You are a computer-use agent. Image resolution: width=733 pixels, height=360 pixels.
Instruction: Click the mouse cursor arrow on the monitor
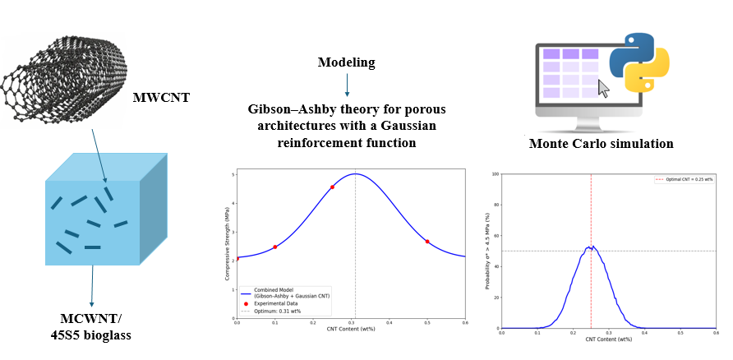coord(604,88)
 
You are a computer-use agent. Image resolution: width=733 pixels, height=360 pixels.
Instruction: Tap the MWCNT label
coord(161,99)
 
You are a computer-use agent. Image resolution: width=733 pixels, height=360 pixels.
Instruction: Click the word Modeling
coord(346,62)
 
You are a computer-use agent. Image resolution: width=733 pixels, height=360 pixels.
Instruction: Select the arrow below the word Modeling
coord(347,85)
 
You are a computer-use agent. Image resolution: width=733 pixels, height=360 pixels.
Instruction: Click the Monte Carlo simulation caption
coord(601,144)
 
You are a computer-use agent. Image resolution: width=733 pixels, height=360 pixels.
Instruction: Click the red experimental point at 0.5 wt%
coord(427,242)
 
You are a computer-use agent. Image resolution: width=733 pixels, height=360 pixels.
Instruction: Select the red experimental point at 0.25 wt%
coord(332,187)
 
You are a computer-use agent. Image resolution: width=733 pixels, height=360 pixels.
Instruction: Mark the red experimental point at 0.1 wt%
coord(275,247)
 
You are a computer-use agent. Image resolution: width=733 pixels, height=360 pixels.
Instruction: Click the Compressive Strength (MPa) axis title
coord(226,243)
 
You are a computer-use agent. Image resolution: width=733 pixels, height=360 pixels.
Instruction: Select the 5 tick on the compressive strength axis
coord(233,175)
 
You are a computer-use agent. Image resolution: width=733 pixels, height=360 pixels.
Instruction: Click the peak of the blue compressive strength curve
coord(355,173)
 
